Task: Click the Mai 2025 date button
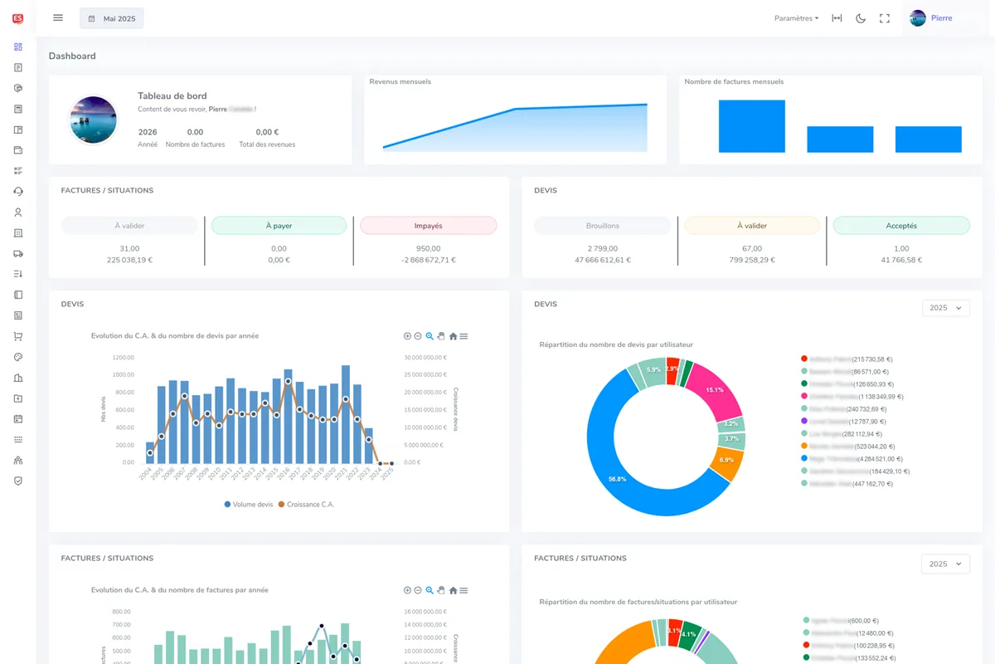click(x=112, y=18)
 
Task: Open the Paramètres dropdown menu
click(x=796, y=18)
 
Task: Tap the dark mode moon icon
click(x=861, y=18)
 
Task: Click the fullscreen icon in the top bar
click(x=885, y=18)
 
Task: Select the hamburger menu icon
click(x=58, y=17)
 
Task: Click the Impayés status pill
click(x=428, y=226)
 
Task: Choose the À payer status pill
click(x=279, y=226)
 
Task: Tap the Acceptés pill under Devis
click(x=901, y=226)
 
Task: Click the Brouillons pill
click(x=603, y=226)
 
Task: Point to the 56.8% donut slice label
click(x=617, y=479)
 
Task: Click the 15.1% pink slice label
click(x=714, y=389)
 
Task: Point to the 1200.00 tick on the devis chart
click(x=123, y=358)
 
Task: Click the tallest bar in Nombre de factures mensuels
click(x=751, y=126)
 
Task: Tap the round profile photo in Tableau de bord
click(x=93, y=120)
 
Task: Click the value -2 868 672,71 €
click(x=428, y=260)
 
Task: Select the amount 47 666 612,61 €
click(x=603, y=260)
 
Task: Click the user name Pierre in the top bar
click(x=941, y=18)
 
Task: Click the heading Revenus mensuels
click(x=400, y=82)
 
